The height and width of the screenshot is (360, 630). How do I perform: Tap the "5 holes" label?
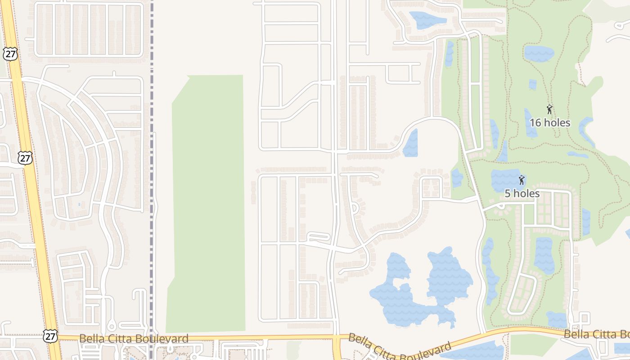[522, 193]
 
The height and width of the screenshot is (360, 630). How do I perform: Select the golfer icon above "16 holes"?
[549, 109]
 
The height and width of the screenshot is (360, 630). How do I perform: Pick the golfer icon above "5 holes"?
[522, 180]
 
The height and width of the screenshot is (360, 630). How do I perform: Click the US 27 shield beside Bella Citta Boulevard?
[50, 336]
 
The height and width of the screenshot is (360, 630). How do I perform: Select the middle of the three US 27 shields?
[26, 157]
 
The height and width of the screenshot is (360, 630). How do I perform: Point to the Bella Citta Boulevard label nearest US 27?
[134, 338]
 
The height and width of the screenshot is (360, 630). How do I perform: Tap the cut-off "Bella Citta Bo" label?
[596, 334]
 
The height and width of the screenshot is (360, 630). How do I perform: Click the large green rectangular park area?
[207, 202]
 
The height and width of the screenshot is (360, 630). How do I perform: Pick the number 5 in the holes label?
[508, 193]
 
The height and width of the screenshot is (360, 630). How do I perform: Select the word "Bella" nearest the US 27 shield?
[90, 338]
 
